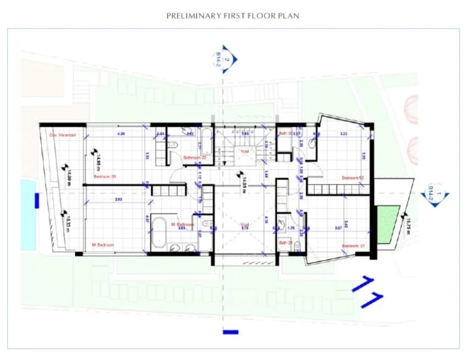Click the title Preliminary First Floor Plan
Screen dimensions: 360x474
[232, 15]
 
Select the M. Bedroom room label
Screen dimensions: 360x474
[103, 245]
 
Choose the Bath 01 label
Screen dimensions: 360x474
[286, 242]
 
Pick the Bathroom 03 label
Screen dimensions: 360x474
[194, 157]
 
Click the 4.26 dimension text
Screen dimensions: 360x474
[120, 133]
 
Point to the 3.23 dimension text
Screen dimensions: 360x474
[344, 133]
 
